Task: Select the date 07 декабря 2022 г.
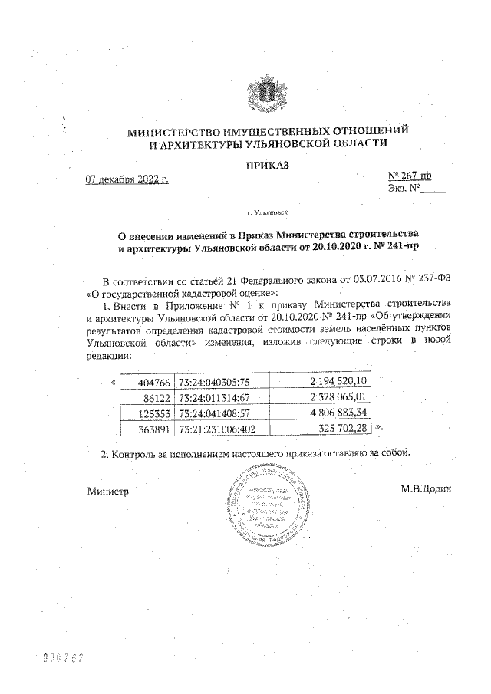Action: coord(127,180)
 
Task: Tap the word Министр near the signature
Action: coord(107,490)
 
